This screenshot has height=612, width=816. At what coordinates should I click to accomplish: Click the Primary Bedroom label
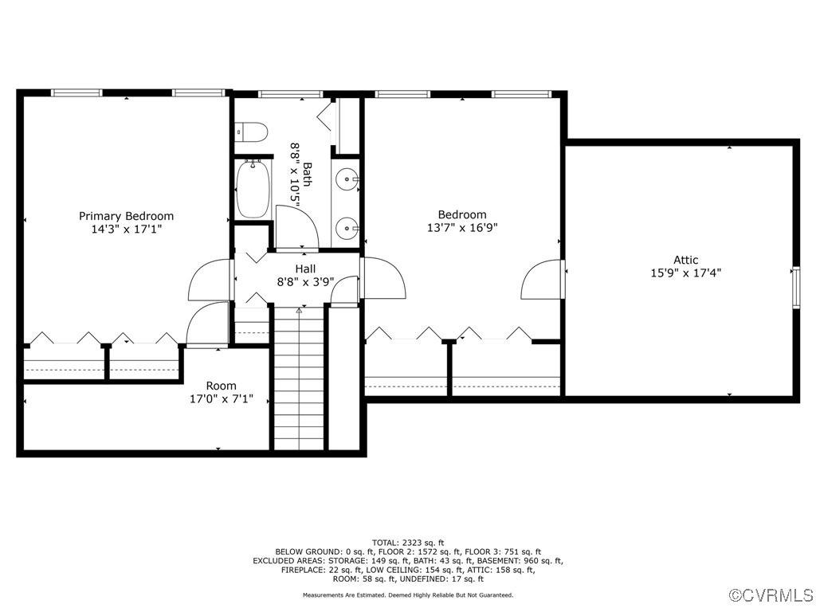coord(126,216)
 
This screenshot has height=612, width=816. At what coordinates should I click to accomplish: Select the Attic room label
coord(685,260)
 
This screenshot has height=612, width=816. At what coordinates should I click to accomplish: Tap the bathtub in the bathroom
coord(253,189)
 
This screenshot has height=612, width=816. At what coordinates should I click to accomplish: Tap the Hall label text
coord(305,269)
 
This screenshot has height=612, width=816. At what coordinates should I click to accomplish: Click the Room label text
coord(221,386)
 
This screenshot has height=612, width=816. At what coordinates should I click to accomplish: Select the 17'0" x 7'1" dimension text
coord(221,398)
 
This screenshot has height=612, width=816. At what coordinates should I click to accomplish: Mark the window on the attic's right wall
coord(794,287)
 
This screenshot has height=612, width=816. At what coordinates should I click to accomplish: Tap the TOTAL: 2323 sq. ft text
coord(407,543)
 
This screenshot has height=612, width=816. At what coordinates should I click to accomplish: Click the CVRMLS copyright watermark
coord(771,595)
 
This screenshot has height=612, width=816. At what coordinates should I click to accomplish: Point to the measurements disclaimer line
coord(407,595)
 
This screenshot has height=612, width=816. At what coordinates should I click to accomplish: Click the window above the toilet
coord(279,94)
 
